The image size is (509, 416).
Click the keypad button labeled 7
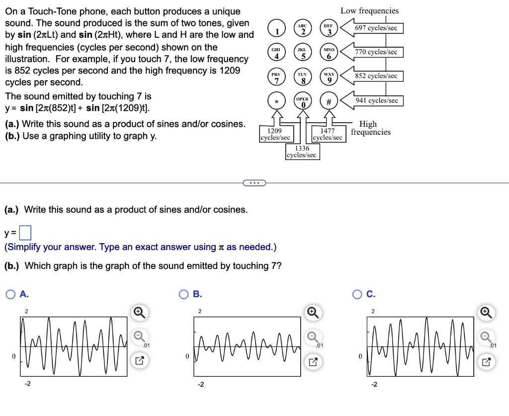point(276,77)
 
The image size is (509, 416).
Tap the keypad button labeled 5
point(302,53)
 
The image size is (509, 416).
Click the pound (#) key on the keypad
point(329,101)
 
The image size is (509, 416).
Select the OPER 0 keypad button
point(302,101)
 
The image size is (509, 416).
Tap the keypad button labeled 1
point(276,29)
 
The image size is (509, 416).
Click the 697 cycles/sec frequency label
point(376,28)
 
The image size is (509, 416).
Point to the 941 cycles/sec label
point(376,101)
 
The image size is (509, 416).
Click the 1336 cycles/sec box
point(302,152)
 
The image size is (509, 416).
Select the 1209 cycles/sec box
point(275,134)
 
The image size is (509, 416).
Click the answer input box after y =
point(26,232)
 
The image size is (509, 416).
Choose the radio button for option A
point(10,294)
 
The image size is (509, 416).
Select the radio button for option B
point(183,294)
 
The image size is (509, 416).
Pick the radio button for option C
point(357,294)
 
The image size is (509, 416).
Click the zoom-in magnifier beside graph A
point(140,312)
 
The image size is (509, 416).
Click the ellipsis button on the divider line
point(254,183)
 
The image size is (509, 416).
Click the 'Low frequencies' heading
point(369,10)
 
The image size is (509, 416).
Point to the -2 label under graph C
point(374,384)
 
